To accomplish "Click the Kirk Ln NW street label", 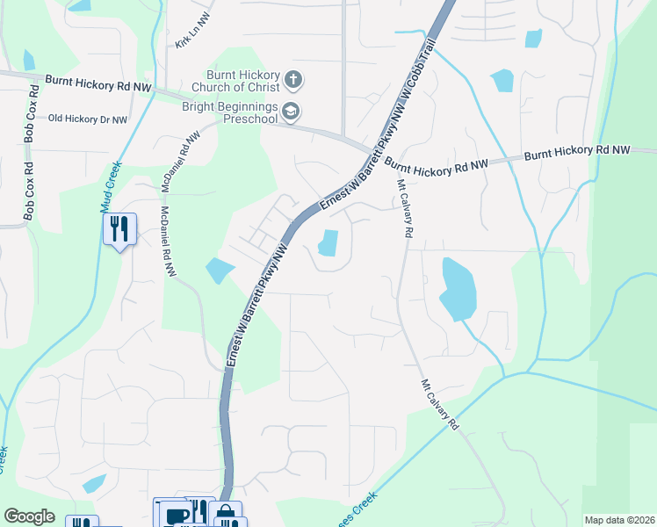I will (x=191, y=36).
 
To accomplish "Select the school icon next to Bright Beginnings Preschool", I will (x=291, y=112).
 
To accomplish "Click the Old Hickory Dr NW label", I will (x=88, y=119).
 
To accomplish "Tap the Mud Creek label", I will (x=110, y=186).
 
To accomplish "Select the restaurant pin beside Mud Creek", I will (x=119, y=230).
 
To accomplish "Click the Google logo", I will (x=29, y=516).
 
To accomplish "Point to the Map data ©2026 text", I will (x=618, y=520).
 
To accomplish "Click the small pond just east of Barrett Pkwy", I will (x=328, y=242).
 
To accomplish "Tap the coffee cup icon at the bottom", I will (x=176, y=515).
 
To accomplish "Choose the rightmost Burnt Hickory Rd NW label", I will (x=577, y=152).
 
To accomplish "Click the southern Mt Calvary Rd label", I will (x=441, y=404).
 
